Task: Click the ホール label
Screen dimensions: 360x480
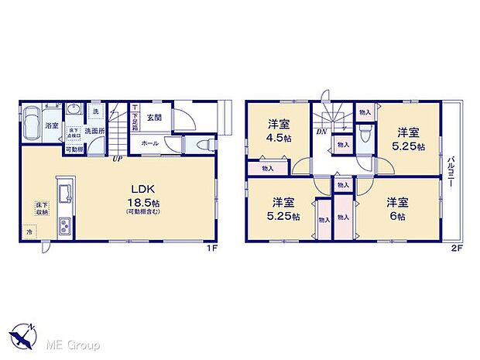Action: pos(149,144)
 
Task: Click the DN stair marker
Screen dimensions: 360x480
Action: pos(320,132)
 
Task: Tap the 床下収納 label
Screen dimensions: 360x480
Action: pos(39,207)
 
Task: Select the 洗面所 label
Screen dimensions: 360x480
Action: pos(94,131)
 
